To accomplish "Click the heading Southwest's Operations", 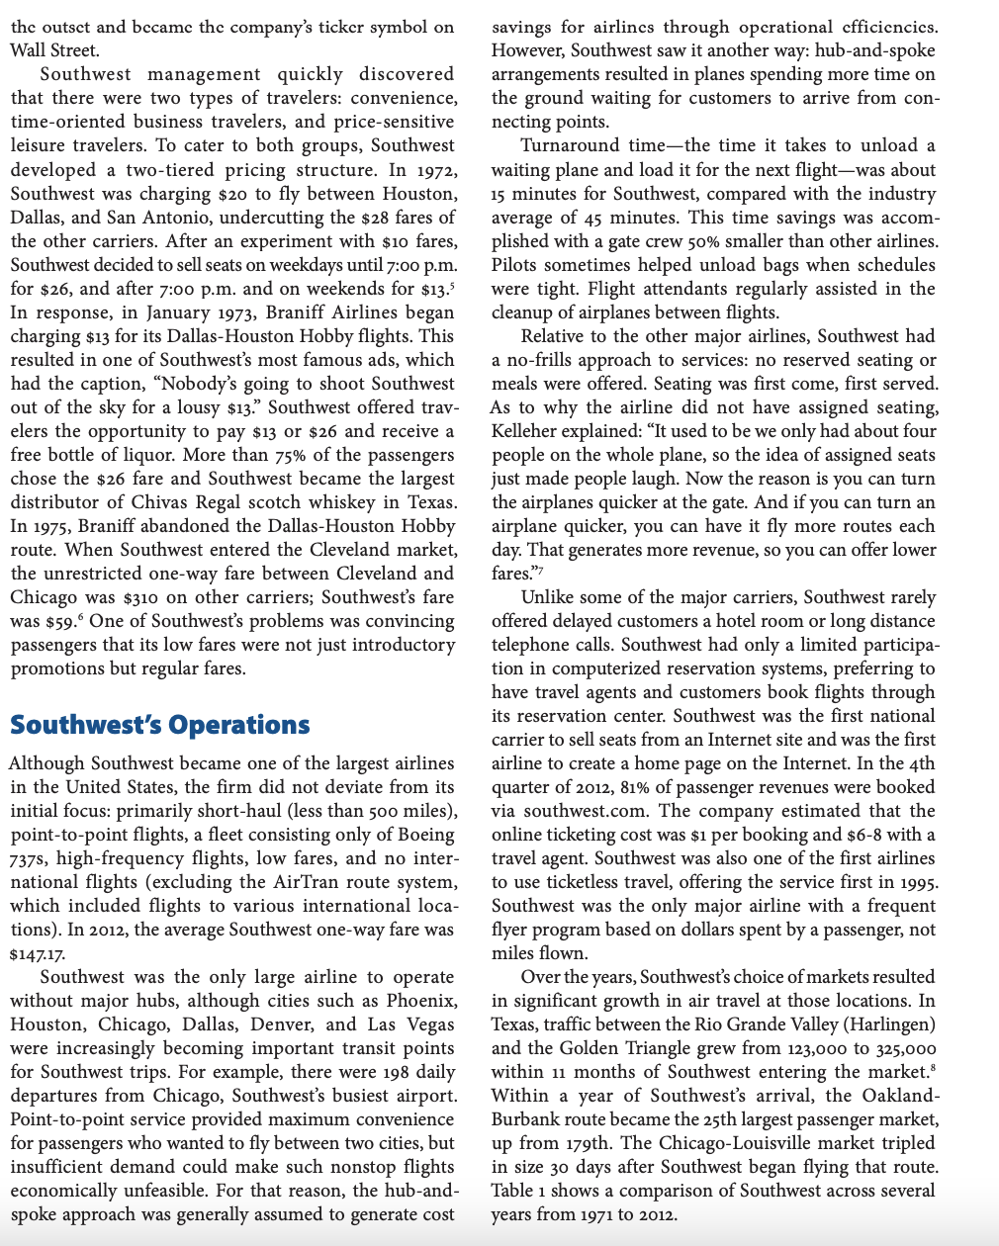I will (159, 725).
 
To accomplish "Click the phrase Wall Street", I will (54, 49).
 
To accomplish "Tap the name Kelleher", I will (526, 431).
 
